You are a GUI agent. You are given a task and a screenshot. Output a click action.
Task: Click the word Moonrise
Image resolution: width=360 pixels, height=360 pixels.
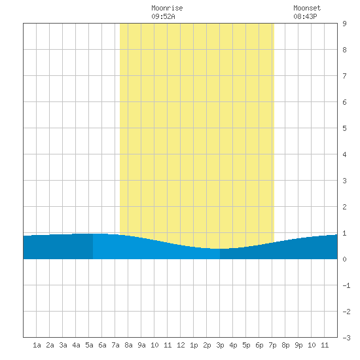click(167, 8)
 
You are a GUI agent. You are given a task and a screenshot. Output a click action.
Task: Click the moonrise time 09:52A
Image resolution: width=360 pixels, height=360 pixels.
click(163, 16)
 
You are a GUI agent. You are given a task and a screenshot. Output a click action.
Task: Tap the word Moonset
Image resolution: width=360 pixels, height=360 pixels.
click(307, 8)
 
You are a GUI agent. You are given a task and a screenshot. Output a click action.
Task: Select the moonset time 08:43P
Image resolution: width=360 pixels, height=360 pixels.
click(305, 16)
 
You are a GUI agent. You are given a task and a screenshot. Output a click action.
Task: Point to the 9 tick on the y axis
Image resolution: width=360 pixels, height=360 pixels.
click(344, 24)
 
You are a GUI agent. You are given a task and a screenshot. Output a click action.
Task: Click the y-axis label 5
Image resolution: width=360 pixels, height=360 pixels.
click(344, 128)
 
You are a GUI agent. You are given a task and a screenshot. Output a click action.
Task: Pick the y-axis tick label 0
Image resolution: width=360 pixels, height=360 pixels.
click(344, 259)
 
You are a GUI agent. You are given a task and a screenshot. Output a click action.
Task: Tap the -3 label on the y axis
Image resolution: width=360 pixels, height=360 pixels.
click(346, 338)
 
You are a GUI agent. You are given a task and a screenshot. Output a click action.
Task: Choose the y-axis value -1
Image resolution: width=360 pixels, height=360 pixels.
click(346, 285)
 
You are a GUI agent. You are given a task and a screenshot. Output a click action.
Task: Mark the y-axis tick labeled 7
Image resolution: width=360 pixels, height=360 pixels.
click(344, 76)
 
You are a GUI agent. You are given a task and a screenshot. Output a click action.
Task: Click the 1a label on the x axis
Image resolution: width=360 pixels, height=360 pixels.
click(37, 345)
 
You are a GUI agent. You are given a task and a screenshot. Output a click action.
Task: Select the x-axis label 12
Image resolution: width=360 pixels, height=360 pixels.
click(181, 345)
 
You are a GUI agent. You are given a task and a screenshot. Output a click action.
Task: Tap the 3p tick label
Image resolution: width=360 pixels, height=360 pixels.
click(220, 345)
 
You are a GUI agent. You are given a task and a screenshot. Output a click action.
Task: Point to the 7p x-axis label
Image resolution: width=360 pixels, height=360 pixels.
click(272, 345)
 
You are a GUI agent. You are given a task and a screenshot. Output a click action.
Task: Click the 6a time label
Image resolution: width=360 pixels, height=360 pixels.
click(102, 345)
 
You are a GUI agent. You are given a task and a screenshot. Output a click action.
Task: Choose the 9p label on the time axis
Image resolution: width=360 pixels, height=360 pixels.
click(298, 345)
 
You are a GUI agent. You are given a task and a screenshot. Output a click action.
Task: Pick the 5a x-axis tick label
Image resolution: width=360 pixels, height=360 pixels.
click(89, 345)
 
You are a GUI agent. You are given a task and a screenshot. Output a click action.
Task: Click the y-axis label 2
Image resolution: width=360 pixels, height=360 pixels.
click(344, 207)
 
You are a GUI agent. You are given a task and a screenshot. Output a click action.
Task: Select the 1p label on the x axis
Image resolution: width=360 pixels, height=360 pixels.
click(194, 345)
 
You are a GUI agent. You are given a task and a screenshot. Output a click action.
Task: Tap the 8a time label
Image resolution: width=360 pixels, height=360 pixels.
click(128, 345)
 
